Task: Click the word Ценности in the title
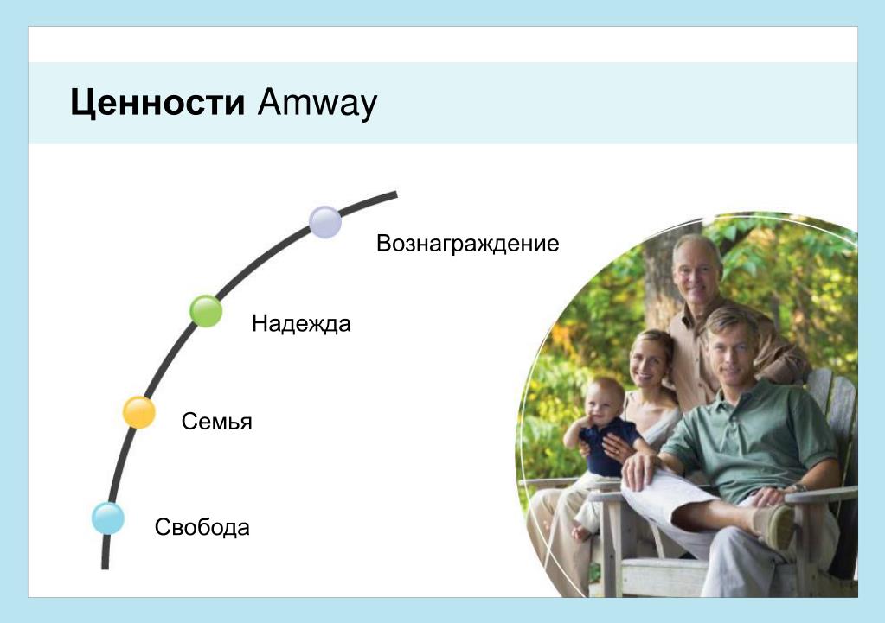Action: coord(157,104)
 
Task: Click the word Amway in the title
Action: coord(317,104)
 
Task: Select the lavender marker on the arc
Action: coord(325,222)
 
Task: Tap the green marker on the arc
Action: coord(206,311)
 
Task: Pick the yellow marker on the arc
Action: coord(138,413)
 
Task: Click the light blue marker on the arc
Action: coord(108,518)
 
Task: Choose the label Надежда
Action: coord(301,324)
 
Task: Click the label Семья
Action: coord(217,422)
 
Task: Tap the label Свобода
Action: coord(202,528)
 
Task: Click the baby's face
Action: coord(603,402)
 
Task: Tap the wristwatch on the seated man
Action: coord(799,487)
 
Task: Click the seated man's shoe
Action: coord(778,526)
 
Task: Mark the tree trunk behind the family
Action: coord(659,277)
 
